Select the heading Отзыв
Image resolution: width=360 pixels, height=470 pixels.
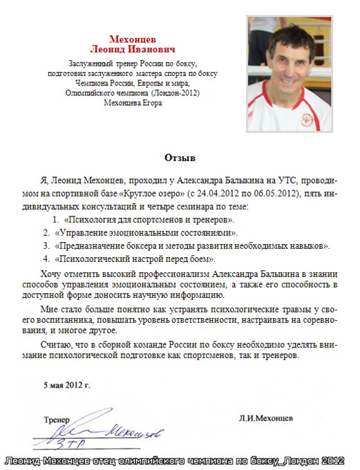coord(180,158)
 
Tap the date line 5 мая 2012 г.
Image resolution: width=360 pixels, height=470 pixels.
coord(66,383)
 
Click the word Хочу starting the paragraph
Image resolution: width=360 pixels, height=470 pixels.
coord(53,274)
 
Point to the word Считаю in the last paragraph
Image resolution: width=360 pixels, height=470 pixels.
coord(57,343)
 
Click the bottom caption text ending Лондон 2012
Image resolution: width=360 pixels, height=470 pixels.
coord(180,460)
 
